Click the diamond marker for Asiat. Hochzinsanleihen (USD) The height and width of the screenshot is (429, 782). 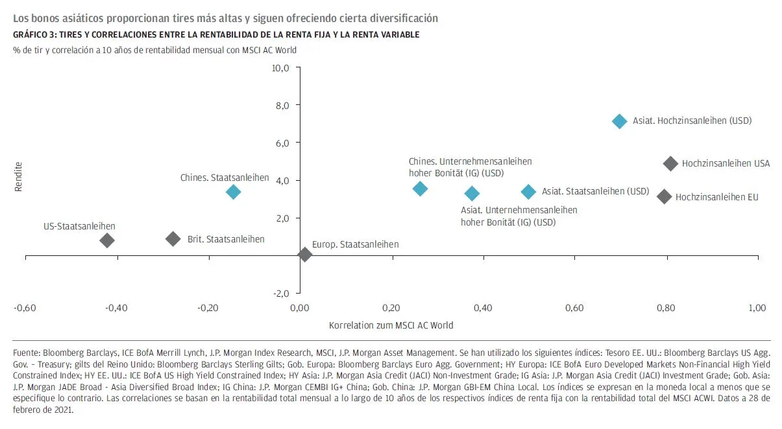pos(619,121)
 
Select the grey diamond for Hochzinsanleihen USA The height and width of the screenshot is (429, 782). pos(670,163)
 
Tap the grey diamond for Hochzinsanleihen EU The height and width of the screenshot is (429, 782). pos(664,196)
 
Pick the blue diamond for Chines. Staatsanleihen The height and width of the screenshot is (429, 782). pos(234,191)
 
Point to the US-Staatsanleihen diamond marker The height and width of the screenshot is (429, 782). pos(107,240)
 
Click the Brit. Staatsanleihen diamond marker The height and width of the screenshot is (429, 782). pos(173,238)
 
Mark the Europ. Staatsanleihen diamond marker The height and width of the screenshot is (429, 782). pos(304,255)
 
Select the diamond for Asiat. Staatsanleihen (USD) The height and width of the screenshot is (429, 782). pos(528,191)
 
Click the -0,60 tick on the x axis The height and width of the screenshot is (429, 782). pos(25,307)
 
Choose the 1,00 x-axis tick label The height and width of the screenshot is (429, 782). pos(757,307)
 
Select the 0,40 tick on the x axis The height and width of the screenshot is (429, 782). pos(483,307)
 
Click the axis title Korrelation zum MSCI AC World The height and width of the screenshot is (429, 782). pos(391,325)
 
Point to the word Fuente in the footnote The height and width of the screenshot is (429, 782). pos(26,354)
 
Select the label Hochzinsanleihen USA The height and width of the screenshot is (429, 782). pos(726,164)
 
